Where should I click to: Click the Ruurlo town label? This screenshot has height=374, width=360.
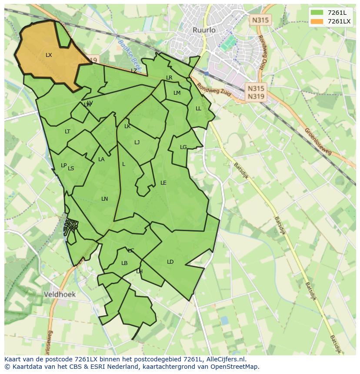204,30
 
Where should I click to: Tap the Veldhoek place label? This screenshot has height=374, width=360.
60,294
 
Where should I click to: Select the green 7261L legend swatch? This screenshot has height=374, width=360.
317,13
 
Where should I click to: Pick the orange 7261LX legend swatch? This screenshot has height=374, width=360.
317,21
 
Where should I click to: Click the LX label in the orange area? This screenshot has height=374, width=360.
49,55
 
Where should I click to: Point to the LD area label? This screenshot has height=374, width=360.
170,262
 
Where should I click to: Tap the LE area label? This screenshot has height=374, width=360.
163,183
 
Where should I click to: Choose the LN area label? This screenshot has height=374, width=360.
104,199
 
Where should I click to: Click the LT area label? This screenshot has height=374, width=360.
67,132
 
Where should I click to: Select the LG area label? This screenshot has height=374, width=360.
183,147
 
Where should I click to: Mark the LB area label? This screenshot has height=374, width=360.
124,263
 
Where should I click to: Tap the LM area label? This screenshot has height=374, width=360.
177,93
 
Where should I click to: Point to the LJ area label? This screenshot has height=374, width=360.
137,142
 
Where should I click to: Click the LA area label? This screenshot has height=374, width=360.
101,159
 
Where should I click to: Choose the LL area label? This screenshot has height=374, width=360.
198,109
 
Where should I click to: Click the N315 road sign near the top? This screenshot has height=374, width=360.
260,20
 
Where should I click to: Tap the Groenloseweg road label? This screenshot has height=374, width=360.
318,141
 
